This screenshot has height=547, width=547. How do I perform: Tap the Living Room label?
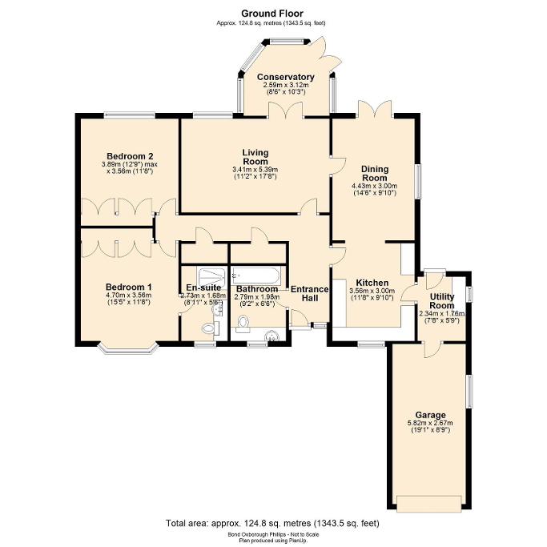[255, 156]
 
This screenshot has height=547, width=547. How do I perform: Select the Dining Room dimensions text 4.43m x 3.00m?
[375, 186]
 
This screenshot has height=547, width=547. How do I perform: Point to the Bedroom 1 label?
[129, 287]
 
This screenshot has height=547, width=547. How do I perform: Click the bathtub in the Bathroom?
[255, 276]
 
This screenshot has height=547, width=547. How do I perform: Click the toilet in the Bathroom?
[243, 324]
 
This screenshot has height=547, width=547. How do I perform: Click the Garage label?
[430, 415]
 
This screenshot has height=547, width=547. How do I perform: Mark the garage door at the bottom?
[429, 504]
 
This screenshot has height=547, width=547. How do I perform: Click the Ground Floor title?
[272, 14]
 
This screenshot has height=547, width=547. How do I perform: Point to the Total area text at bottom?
[272, 522]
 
